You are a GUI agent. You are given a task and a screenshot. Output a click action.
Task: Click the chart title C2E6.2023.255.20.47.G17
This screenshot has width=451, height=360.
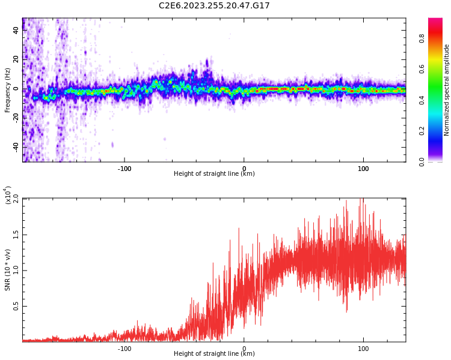[214, 6]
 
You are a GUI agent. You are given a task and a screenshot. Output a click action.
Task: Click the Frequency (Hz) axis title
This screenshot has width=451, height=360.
[8, 90]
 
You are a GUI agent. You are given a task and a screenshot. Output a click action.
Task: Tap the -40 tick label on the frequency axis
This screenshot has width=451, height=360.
[16, 146]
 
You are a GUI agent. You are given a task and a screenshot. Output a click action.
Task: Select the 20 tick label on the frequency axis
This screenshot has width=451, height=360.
[16, 59]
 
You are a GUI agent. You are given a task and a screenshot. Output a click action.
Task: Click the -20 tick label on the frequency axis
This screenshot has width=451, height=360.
[16, 118]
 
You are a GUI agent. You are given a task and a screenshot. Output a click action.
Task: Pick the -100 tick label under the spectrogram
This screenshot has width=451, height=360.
[124, 169]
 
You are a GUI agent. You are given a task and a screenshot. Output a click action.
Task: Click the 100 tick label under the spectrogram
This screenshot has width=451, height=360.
[363, 169]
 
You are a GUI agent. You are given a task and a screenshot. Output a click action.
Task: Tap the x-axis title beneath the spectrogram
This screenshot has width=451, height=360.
[214, 174]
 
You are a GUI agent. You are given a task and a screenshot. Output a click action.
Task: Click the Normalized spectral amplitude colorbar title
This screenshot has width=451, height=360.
[447, 90]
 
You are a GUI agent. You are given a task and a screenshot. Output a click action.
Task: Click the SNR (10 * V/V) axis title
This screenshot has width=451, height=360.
[8, 270]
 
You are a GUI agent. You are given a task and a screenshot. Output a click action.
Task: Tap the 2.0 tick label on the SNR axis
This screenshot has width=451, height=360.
[16, 199]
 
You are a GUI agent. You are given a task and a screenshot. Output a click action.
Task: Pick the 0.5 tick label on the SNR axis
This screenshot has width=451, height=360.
[16, 306]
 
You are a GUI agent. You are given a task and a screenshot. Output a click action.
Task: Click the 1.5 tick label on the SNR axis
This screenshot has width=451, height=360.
[16, 235]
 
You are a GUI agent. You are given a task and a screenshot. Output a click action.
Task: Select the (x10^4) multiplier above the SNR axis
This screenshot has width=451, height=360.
[8, 195]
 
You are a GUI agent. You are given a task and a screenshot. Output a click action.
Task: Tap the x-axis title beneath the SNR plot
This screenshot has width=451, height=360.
[214, 354]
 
